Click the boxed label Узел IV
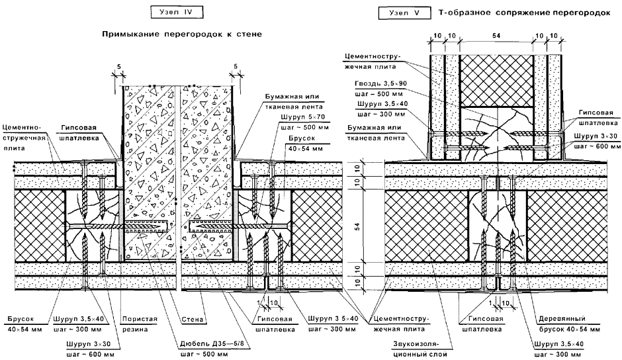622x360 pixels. click(x=177, y=12)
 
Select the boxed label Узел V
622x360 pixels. click(x=402, y=12)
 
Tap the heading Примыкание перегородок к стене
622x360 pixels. click(x=178, y=32)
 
